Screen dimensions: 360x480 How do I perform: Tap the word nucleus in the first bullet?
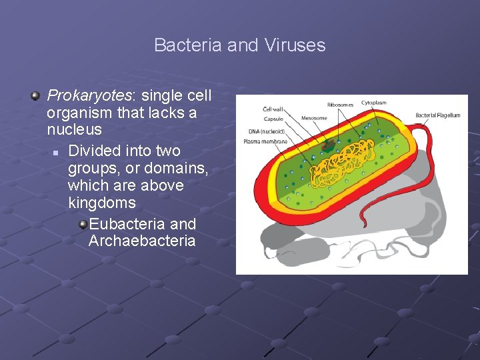(x=74, y=129)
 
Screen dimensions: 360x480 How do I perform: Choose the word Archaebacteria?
(x=142, y=241)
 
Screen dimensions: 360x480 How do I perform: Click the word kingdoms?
(x=101, y=203)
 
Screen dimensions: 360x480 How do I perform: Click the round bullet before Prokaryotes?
(x=35, y=96)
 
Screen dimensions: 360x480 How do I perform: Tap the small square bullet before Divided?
(x=57, y=153)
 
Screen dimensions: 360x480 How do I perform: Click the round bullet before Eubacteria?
(x=83, y=224)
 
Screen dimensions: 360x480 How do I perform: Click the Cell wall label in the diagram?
(x=273, y=109)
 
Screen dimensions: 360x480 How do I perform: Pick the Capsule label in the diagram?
(x=273, y=119)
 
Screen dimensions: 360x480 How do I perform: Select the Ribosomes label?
(x=340, y=105)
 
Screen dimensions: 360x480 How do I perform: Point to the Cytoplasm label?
(x=374, y=103)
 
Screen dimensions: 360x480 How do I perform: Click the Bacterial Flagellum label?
(x=437, y=115)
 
